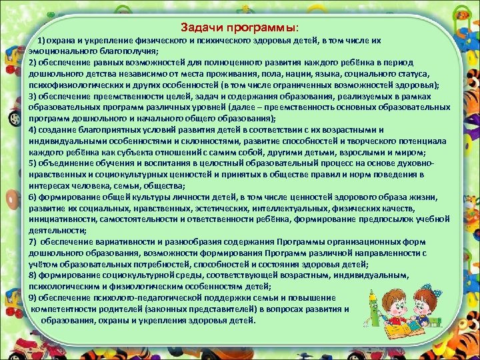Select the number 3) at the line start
click(33, 96)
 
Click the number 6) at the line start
click(33, 198)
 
